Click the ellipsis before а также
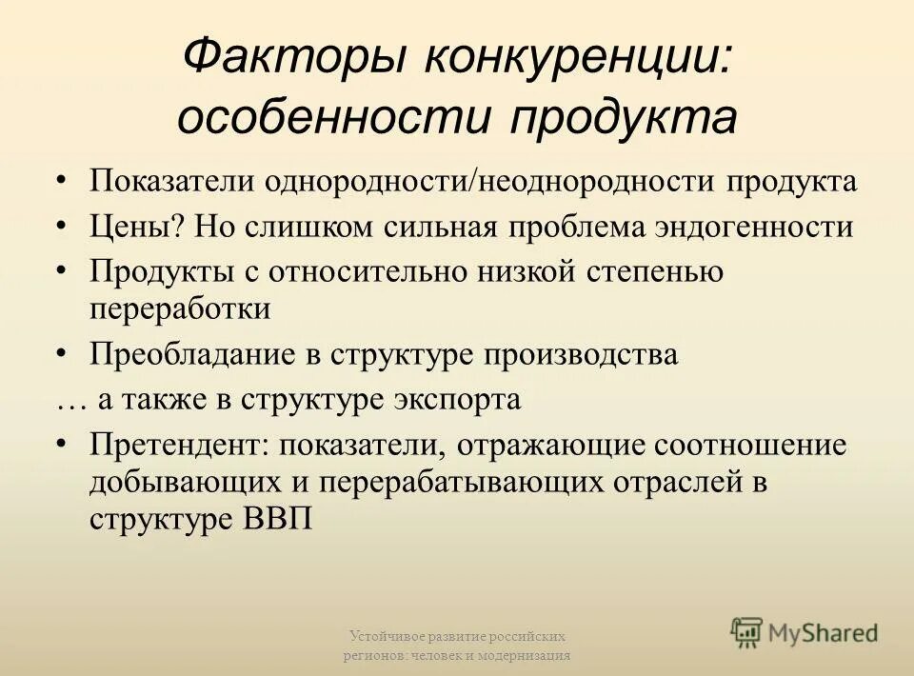coord(72,401)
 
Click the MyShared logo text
coord(824,632)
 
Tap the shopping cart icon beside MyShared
coord(746,632)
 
